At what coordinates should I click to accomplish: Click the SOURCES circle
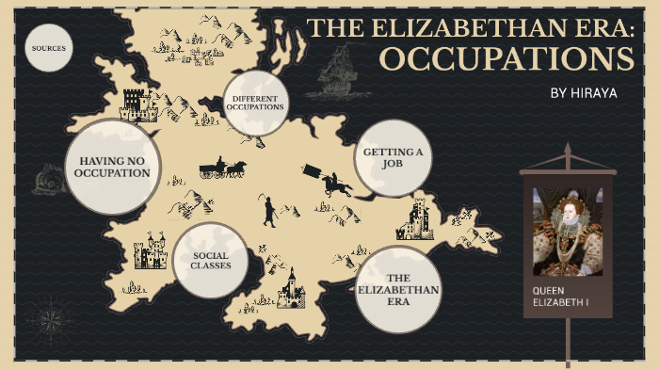point(49,48)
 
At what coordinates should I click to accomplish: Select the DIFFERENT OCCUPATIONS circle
point(254,101)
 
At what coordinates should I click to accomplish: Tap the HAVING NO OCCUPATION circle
point(114,167)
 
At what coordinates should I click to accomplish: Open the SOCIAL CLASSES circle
point(211,260)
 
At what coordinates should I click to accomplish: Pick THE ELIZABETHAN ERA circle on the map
point(399,290)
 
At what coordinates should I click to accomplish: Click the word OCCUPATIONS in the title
point(506,58)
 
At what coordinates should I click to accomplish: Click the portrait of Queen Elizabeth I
point(567,231)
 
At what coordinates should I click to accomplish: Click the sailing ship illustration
point(337,71)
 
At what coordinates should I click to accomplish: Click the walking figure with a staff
point(269,211)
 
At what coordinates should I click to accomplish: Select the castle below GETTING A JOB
point(415,219)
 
